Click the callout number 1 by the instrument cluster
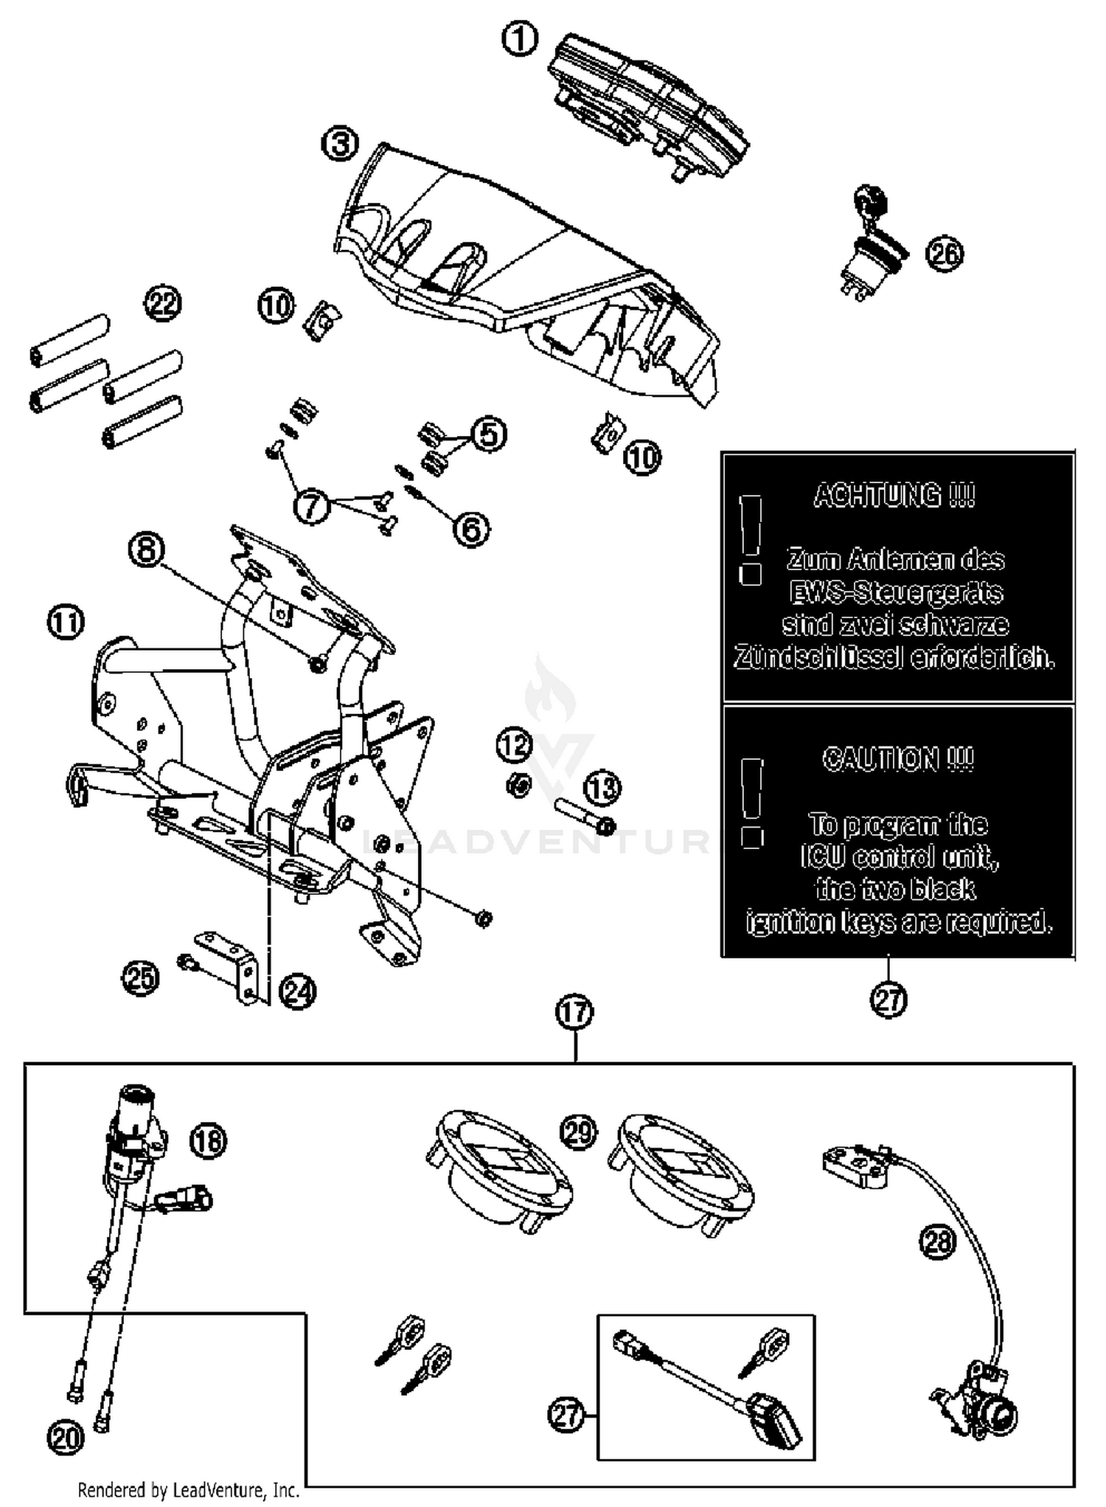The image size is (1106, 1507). (520, 38)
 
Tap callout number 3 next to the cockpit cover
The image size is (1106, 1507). (340, 145)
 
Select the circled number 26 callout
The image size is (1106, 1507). (945, 254)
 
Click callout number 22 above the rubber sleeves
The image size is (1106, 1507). (163, 303)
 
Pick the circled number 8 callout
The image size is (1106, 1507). (146, 550)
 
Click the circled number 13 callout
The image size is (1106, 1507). (602, 789)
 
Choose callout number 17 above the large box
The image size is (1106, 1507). (574, 1012)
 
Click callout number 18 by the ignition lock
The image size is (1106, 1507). (209, 1141)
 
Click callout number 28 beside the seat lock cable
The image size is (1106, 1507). (937, 1242)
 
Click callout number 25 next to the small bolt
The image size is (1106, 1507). (140, 979)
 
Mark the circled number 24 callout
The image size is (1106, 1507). (298, 992)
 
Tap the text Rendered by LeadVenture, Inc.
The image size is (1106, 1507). (189, 1490)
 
